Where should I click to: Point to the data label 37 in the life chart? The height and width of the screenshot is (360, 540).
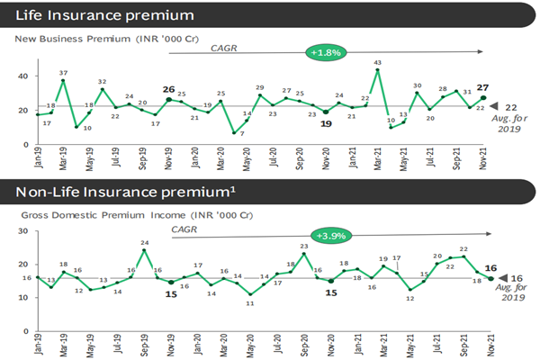63,72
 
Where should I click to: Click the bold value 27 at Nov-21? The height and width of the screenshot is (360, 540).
483,87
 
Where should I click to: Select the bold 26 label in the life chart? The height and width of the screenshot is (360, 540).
168,89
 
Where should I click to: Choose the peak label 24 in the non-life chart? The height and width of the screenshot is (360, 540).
144,241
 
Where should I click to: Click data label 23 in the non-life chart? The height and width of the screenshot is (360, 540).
304,246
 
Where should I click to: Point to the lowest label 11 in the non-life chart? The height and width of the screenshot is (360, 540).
250,304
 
